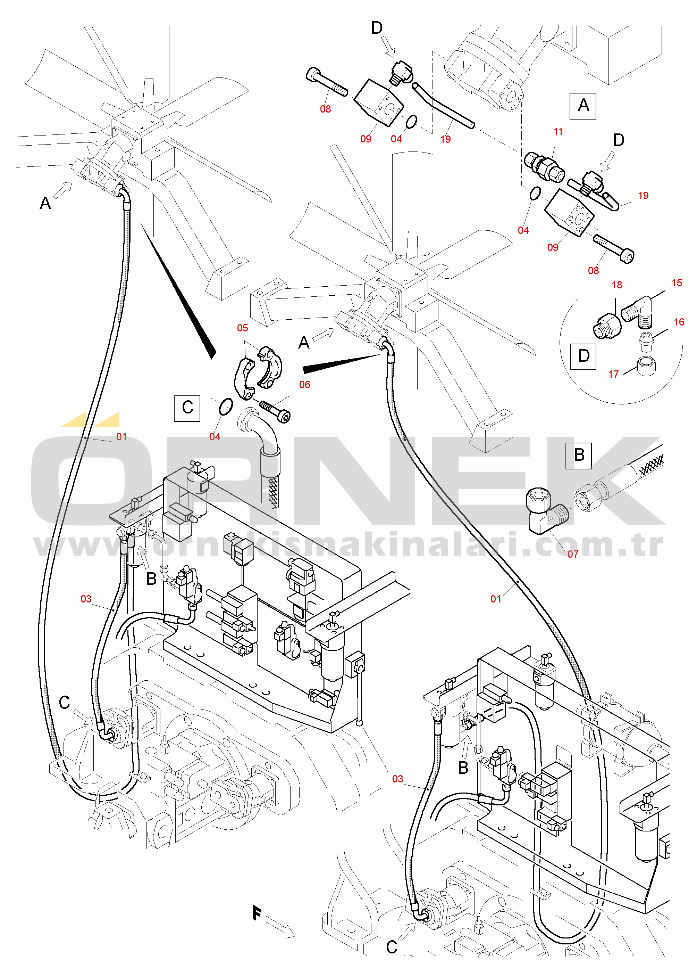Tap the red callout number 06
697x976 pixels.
point(305,385)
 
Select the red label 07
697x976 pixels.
point(573,554)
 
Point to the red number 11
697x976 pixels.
point(558,132)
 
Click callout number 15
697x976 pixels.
point(677,283)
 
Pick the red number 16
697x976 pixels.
point(679,322)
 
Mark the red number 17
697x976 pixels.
point(613,374)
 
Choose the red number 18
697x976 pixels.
point(617,285)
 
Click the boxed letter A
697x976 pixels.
point(583,106)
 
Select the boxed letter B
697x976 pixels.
point(579,456)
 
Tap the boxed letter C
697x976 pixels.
point(187,408)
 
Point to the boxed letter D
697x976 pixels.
point(583,356)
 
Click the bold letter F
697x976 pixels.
point(257,913)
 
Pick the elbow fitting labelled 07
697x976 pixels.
point(547,511)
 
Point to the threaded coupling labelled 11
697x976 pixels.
point(544,166)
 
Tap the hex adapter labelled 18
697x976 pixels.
point(607,326)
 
